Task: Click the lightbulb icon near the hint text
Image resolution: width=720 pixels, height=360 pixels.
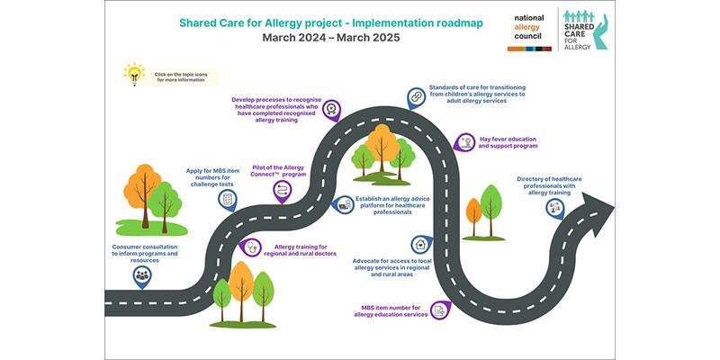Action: point(134,74)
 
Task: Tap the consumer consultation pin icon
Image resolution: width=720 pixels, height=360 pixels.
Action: point(142,276)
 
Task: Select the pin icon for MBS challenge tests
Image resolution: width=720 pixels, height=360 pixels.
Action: point(228,200)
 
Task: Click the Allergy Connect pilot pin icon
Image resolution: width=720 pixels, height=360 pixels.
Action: point(282,191)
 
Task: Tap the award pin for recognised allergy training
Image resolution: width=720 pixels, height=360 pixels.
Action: point(331,110)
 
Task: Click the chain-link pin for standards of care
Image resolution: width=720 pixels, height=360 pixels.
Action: point(416,98)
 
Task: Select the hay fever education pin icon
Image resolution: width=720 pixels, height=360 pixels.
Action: point(464,142)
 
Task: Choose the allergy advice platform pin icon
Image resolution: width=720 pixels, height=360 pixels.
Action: point(343,205)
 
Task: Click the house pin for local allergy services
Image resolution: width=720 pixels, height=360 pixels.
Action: point(421,245)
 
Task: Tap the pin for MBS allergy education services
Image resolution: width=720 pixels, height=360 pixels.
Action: point(440,310)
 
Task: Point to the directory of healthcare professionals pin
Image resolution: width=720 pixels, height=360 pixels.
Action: point(555,208)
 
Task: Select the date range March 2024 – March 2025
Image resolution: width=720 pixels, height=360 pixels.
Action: point(331,38)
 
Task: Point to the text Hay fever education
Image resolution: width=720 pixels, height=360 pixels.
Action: point(508,139)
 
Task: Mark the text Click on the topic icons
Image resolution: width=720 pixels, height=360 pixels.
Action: point(179,74)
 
